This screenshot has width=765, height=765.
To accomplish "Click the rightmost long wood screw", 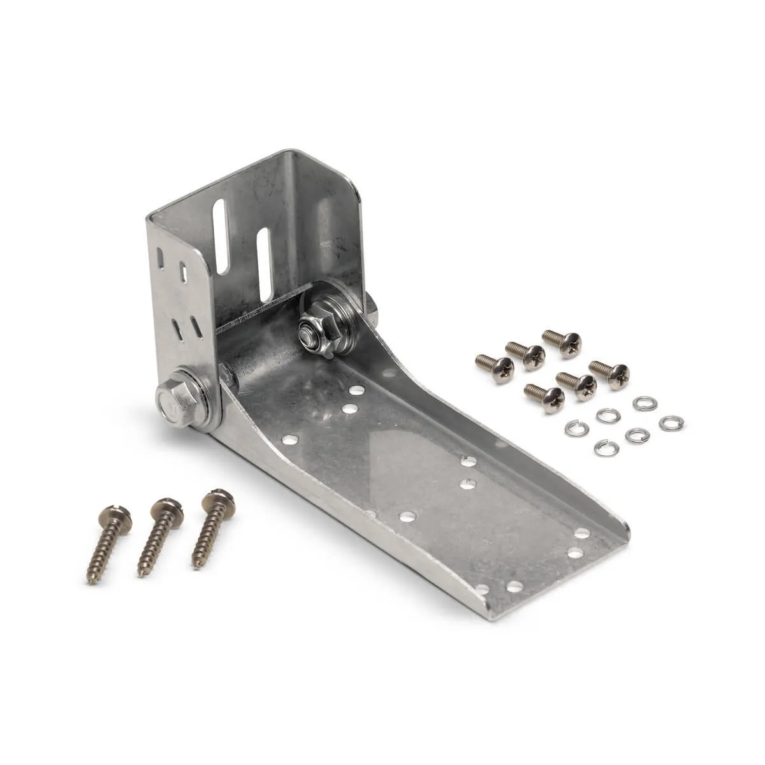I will click(212, 524).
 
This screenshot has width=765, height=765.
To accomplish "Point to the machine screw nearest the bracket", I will click(496, 367).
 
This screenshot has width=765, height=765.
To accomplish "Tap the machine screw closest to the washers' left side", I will click(545, 396).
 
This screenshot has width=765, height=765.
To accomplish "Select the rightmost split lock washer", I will click(671, 423).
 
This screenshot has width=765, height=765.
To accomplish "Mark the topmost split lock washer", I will click(645, 403).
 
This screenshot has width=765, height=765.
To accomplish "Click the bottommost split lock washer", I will click(606, 448).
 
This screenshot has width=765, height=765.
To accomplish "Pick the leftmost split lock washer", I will click(576, 428).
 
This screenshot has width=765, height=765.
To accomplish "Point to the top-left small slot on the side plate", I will click(161, 258).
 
